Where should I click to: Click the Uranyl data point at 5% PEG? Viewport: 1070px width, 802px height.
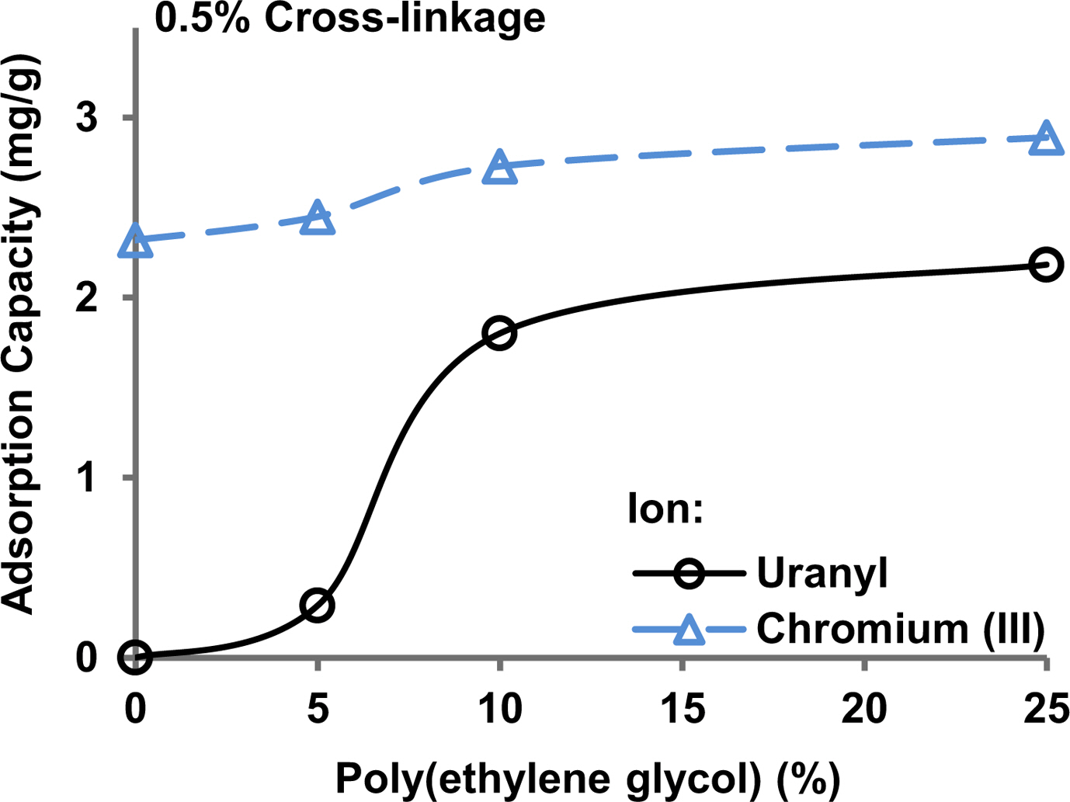click(x=317, y=605)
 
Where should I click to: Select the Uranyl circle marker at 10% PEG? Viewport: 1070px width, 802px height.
click(x=499, y=333)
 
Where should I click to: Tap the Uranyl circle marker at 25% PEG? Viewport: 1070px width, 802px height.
click(x=1046, y=265)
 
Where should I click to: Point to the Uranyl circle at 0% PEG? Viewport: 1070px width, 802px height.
click(x=136, y=657)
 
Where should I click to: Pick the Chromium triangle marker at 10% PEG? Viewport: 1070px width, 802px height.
click(x=499, y=168)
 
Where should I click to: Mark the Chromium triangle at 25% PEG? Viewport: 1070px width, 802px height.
click(x=1046, y=139)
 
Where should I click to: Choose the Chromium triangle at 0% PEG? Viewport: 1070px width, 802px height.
click(x=136, y=241)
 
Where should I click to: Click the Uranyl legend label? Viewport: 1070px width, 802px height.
click(x=822, y=574)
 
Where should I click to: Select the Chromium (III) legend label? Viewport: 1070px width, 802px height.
click(x=900, y=629)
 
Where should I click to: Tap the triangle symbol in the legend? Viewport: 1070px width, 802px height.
click(x=688, y=630)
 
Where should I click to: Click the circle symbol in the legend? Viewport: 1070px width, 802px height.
click(x=688, y=575)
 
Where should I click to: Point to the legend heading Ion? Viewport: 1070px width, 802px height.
click(x=665, y=510)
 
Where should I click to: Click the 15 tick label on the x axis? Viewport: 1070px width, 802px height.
click(x=683, y=709)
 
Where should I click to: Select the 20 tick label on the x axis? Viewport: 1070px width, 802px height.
click(x=864, y=709)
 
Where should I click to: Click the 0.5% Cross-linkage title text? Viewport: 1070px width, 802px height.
click(x=350, y=17)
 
